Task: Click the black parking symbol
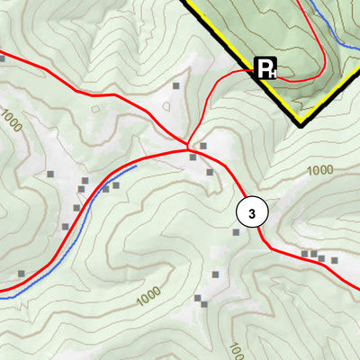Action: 266,68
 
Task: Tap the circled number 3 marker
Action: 253,212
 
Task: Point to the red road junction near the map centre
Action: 188,148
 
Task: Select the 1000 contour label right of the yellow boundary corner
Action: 319,170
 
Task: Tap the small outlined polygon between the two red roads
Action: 167,106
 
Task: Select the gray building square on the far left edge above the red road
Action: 2,58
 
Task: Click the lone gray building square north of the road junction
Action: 176,86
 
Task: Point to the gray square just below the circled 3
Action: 236,232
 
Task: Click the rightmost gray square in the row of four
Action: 334,260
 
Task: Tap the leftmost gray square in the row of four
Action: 304,254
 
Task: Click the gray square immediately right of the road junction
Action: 203,146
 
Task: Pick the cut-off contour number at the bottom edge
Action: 237,350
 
